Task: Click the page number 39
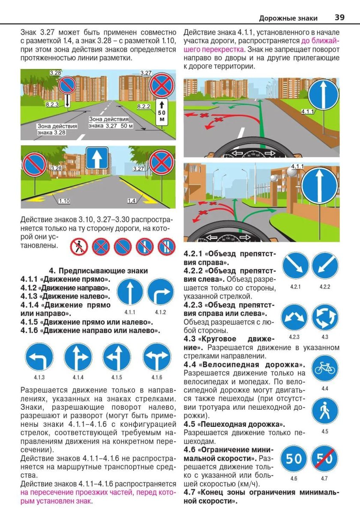[339, 18]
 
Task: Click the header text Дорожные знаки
[288, 18]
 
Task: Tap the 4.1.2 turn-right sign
[160, 291]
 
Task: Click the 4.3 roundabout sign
[324, 317]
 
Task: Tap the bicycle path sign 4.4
[324, 368]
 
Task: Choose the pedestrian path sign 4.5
[324, 411]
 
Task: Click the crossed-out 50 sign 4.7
[324, 459]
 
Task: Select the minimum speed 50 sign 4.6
[294, 459]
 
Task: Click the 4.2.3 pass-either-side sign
[294, 317]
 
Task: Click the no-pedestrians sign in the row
[79, 247]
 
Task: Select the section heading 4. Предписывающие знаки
[99, 270]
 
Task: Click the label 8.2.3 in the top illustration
[52, 104]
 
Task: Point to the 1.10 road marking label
[64, 201]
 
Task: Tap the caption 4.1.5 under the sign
[117, 378]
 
